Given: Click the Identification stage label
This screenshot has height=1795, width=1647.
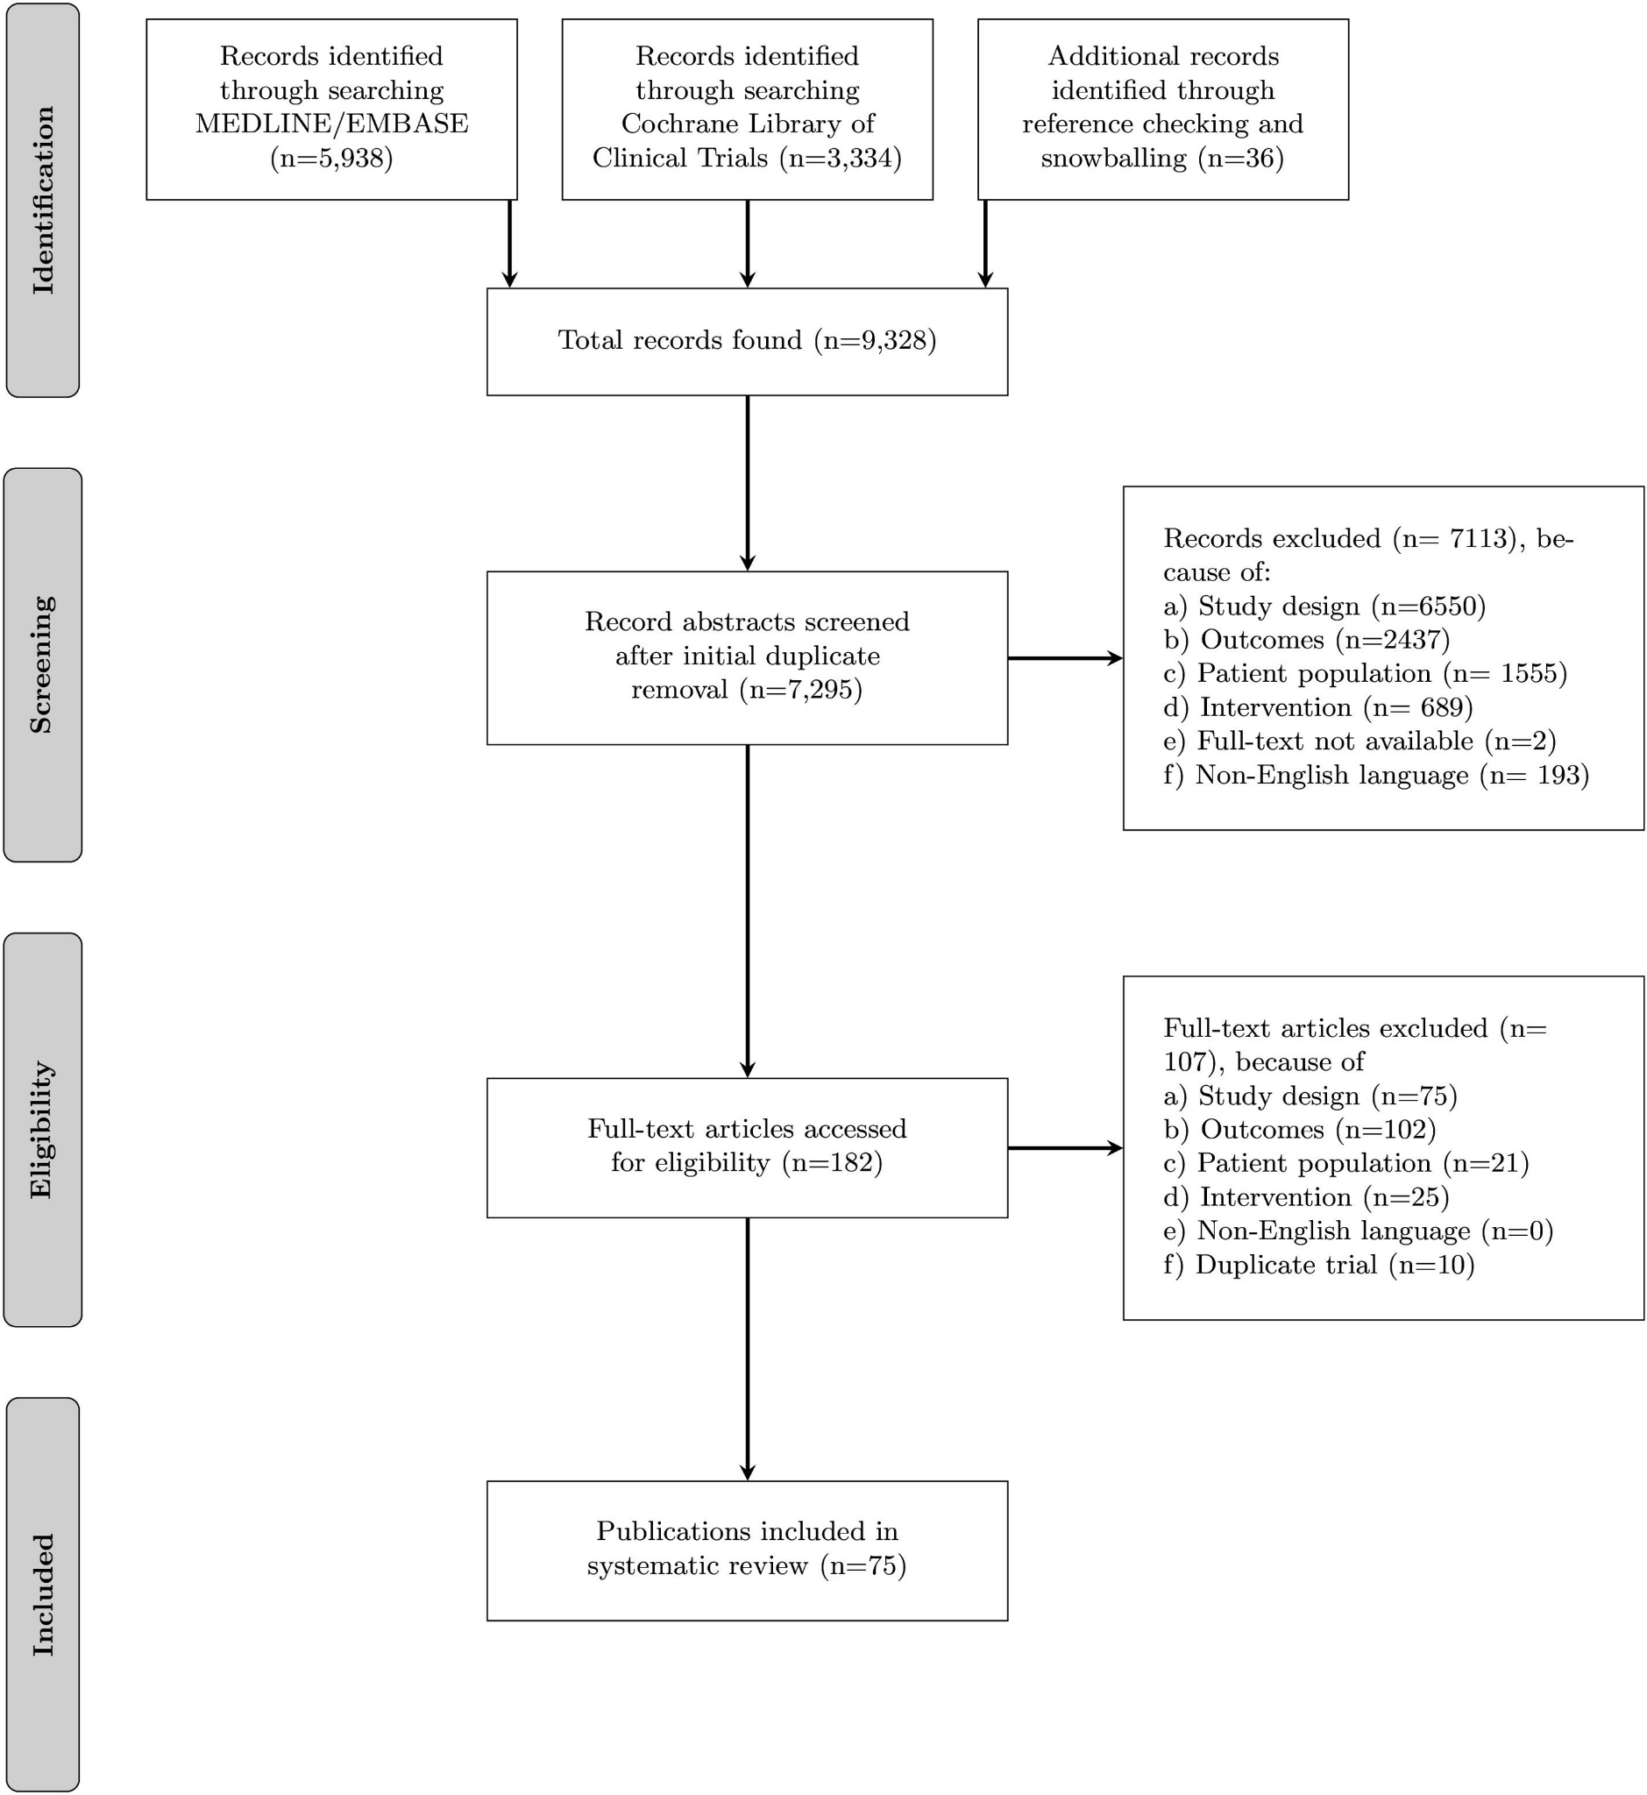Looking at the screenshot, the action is tap(43, 200).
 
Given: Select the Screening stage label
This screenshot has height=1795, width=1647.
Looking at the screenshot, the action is tap(42, 665).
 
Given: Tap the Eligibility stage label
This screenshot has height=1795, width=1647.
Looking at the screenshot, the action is tap(42, 1129).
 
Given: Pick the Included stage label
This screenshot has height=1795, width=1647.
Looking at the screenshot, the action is tap(43, 1594).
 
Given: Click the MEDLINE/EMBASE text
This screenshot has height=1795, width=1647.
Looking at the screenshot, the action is tap(331, 124).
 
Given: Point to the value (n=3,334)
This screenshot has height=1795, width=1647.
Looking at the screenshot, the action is tap(841, 158).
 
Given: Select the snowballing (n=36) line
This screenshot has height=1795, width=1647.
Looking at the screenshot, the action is tap(1162, 158).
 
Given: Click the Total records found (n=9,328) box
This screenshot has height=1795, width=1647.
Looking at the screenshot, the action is tap(747, 341).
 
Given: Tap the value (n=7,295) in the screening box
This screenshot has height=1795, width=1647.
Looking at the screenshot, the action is tap(801, 690).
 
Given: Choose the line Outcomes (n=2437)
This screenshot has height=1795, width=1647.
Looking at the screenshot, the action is tap(1307, 639).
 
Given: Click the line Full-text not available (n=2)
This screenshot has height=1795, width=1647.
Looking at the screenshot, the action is tap(1360, 741).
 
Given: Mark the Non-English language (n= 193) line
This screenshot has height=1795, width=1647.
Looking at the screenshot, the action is tap(1376, 775).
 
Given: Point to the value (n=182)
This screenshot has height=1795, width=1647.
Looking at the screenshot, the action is tap(832, 1163).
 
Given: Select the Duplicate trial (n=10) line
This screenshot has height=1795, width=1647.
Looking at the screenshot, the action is tap(1319, 1265).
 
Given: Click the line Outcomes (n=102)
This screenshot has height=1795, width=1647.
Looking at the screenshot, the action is tap(1299, 1129).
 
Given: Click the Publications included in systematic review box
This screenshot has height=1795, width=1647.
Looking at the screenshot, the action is tap(747, 1550).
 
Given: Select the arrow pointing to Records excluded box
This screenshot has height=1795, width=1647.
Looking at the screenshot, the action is tap(1065, 657).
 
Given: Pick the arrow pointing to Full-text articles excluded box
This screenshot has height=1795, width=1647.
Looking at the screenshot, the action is tap(1065, 1148).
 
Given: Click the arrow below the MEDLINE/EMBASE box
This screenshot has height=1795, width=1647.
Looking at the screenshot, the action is tap(510, 244).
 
